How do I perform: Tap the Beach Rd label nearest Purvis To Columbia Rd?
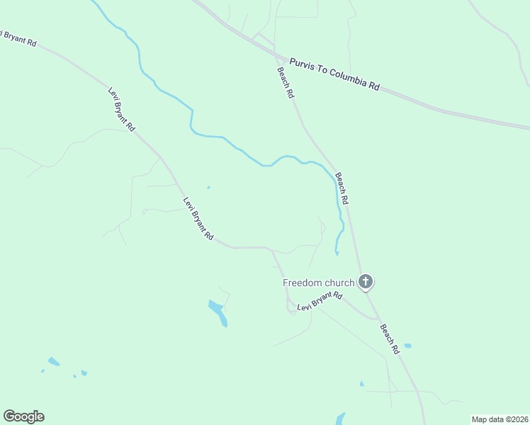click(x=286, y=83)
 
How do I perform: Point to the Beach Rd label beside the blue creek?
click(x=342, y=189)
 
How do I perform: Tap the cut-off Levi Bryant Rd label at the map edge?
click(x=18, y=37)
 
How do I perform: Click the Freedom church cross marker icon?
click(x=366, y=282)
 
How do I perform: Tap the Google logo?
click(x=23, y=416)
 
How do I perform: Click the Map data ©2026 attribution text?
click(x=500, y=419)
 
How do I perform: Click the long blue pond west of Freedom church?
click(x=218, y=312)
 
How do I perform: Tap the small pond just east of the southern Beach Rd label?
click(x=407, y=346)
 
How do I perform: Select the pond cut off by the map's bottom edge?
click(x=340, y=419)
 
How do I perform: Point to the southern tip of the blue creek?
click(x=336, y=253)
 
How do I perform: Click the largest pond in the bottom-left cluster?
click(x=53, y=361)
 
